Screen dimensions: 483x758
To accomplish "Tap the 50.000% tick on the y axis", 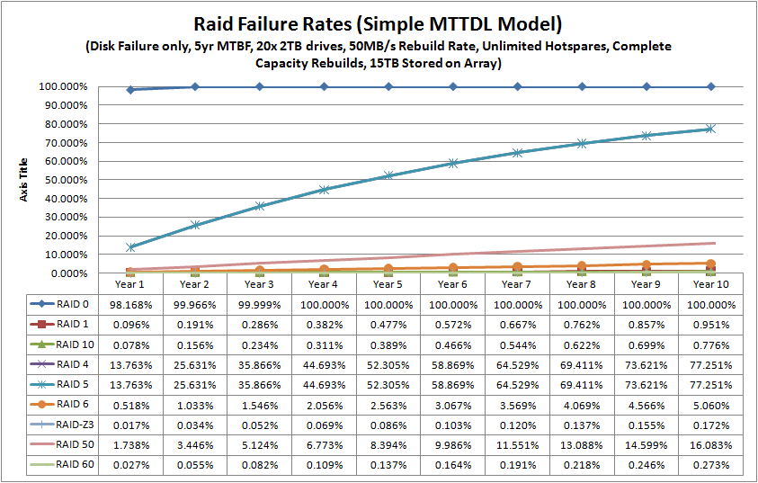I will [62, 180].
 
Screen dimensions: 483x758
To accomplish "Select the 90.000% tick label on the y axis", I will [62, 105].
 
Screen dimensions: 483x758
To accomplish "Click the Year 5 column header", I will [388, 284].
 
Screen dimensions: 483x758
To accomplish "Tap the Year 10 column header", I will [711, 284].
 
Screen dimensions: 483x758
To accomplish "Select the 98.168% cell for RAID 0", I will [130, 305].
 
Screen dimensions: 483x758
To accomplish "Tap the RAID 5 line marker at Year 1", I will [130, 247].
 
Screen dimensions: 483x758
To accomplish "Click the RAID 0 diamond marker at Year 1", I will [130, 90].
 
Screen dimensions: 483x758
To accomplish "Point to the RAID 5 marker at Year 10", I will [711, 129].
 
